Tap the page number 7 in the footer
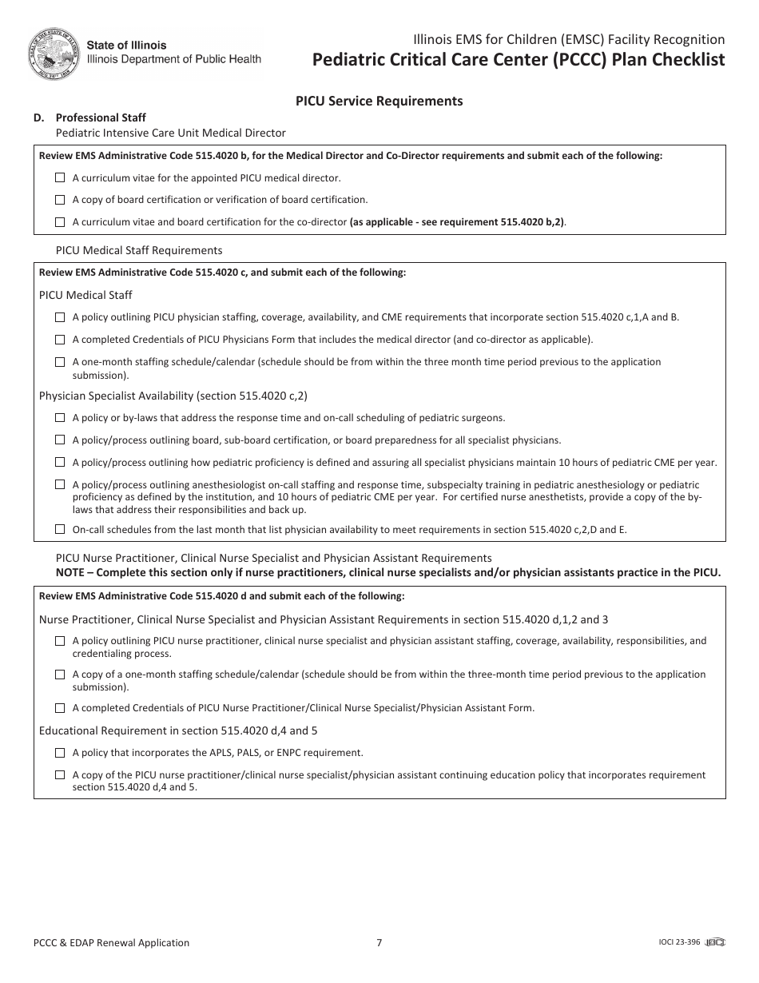point(379,942)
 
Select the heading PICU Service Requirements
point(379,101)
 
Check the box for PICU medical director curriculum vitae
point(60,177)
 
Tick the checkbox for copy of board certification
point(60,200)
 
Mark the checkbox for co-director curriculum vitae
point(60,222)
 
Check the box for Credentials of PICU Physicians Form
point(60,340)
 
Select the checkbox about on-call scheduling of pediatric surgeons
point(60,417)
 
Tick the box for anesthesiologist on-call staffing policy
point(60,484)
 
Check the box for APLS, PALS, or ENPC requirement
point(60,753)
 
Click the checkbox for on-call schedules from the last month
point(60,529)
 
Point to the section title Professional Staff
point(101,117)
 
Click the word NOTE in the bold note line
point(72,572)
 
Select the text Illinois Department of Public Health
point(173,59)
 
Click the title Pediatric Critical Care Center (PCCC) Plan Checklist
point(519,60)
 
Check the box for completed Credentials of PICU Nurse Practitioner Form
point(60,708)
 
